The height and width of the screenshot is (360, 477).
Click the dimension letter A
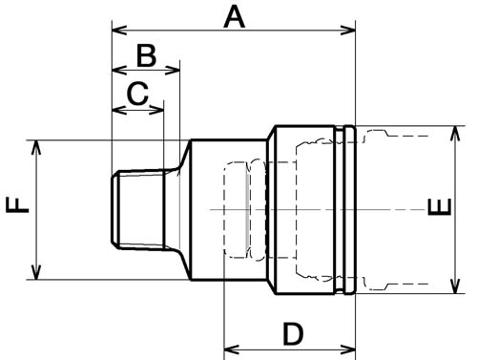point(235,18)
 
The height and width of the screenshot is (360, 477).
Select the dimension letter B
point(146,55)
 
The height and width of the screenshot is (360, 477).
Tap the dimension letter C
point(137,94)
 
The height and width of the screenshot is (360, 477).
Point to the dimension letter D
point(293,334)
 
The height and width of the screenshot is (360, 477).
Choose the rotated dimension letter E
point(440,207)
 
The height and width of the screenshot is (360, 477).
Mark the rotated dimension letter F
point(17,205)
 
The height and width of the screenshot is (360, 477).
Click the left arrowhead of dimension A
point(119,31)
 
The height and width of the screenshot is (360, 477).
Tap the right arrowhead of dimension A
point(348,31)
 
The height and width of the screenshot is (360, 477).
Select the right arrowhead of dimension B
point(173,70)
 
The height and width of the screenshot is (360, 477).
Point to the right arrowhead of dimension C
point(156,110)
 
